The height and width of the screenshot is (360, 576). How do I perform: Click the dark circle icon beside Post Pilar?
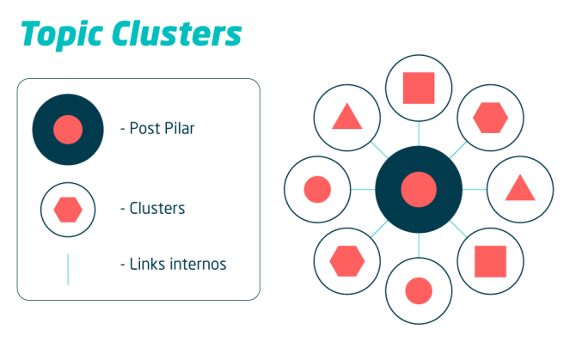click(x=68, y=130)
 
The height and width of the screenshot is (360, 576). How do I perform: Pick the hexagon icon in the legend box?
click(x=68, y=209)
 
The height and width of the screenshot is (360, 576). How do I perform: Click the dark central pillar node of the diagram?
click(x=419, y=189)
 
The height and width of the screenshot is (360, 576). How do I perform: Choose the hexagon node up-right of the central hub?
click(x=491, y=117)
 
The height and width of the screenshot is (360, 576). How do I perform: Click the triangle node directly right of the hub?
click(x=520, y=189)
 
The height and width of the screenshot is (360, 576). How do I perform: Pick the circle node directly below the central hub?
click(x=419, y=290)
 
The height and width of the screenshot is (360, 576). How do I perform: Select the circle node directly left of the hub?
click(x=317, y=189)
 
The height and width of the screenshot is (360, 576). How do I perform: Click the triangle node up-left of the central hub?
click(x=346, y=117)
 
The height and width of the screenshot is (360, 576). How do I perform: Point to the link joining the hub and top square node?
click(x=419, y=132)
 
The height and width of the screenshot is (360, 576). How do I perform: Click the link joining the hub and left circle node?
click(x=362, y=189)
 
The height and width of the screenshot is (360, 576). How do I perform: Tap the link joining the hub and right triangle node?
click(x=475, y=189)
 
